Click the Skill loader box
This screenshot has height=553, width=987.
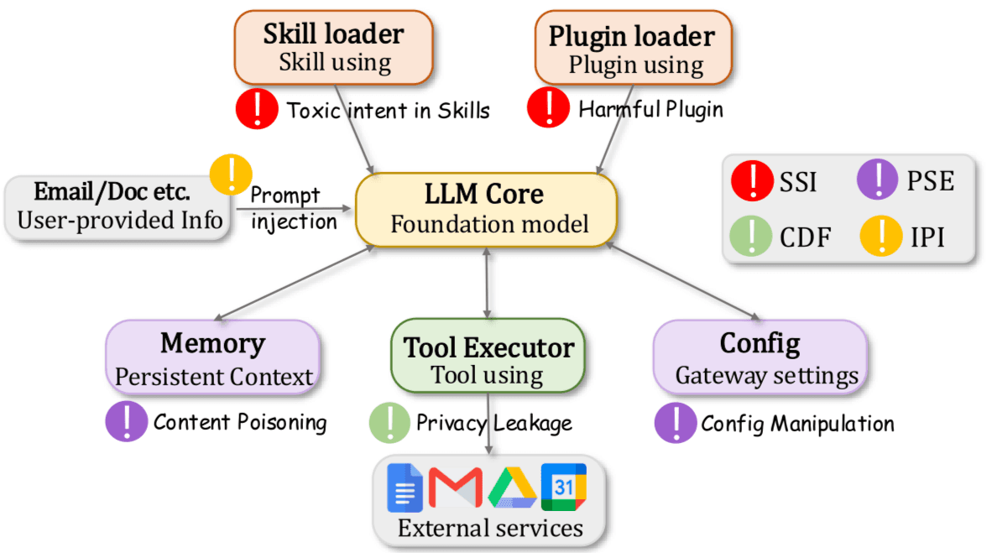pyautogui.click(x=334, y=48)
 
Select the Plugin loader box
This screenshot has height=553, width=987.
pyautogui.click(x=633, y=48)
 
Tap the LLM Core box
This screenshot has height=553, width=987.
pyautogui.click(x=486, y=210)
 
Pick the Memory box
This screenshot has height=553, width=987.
pyautogui.click(x=213, y=357)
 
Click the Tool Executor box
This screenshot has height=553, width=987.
pyautogui.click(x=488, y=356)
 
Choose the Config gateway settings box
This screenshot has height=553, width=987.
pyautogui.click(x=761, y=357)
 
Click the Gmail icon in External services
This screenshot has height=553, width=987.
pyautogui.click(x=456, y=488)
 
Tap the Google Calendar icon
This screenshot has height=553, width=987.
pyautogui.click(x=564, y=487)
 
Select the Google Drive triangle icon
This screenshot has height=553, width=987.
pyautogui.click(x=512, y=488)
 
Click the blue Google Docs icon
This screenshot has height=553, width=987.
pyautogui.click(x=405, y=488)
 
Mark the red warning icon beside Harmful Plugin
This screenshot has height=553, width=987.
pyautogui.click(x=548, y=107)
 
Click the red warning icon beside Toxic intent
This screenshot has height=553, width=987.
pyautogui.click(x=257, y=108)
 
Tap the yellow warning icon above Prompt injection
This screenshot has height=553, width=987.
pyautogui.click(x=231, y=175)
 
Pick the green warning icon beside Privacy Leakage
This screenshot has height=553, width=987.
pyautogui.click(x=389, y=423)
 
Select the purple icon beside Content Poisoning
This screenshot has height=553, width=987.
pyautogui.click(x=127, y=421)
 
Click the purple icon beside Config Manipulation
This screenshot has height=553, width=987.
pyautogui.click(x=676, y=423)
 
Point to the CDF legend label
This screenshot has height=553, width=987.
pyautogui.click(x=805, y=237)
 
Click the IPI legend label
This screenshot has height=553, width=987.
pyautogui.click(x=927, y=237)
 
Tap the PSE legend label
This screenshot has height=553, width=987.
pyautogui.click(x=930, y=181)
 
